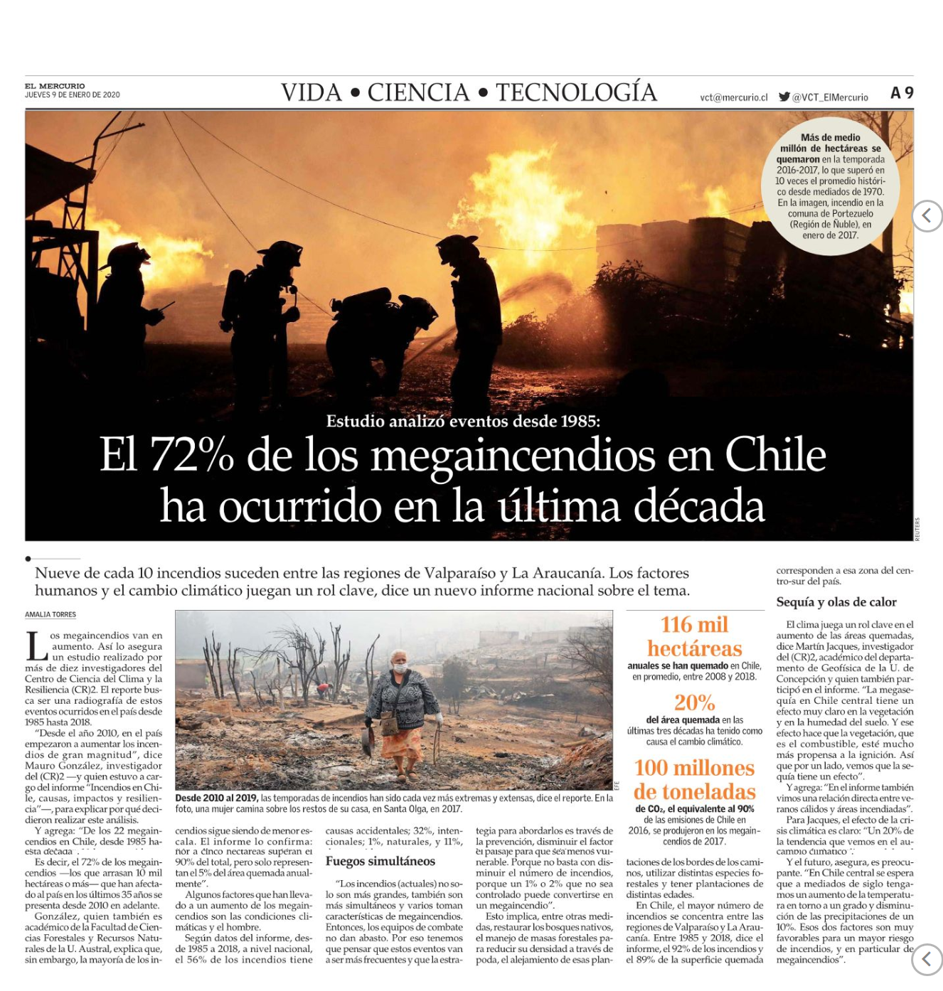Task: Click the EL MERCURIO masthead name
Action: point(55,86)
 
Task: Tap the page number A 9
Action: point(902,93)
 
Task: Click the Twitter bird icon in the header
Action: point(784,97)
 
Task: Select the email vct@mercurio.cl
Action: point(734,97)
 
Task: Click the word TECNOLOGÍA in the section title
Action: point(576,92)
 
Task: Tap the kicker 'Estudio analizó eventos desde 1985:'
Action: point(463,421)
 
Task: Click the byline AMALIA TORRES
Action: point(50,614)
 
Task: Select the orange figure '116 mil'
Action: point(694,624)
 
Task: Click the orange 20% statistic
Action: point(694,702)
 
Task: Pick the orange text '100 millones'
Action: point(694,768)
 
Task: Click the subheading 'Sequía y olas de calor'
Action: point(836,602)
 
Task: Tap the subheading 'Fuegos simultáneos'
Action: point(380,861)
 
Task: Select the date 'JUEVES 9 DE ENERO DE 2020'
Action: point(73,95)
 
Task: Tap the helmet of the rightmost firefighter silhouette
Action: point(456,247)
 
